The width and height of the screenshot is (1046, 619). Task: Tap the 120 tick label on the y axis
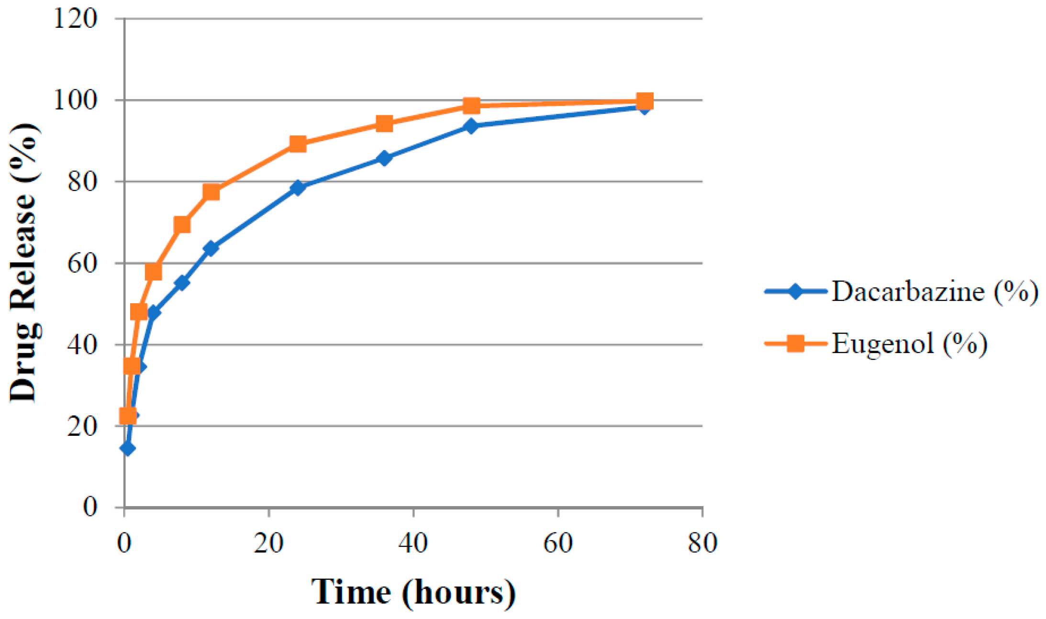click(x=76, y=19)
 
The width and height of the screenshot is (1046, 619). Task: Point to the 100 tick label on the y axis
click(x=76, y=100)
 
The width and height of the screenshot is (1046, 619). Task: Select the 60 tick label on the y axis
click(x=82, y=263)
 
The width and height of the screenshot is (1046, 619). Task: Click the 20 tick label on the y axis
click(x=82, y=426)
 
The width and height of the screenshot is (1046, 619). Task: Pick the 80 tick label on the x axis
click(x=702, y=543)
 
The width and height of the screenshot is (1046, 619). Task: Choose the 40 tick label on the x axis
click(x=413, y=543)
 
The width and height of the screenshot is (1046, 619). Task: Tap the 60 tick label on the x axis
click(x=558, y=543)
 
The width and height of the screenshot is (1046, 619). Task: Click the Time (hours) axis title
click(x=413, y=592)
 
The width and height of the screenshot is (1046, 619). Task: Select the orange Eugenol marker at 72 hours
click(x=645, y=101)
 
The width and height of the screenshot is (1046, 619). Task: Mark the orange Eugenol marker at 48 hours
click(x=471, y=106)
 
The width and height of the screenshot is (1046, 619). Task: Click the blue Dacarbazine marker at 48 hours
click(x=471, y=126)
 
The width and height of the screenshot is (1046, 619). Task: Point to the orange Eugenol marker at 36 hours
click(x=384, y=124)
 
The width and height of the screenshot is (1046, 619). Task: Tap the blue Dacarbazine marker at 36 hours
click(x=384, y=158)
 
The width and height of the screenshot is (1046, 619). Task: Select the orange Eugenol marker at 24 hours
click(x=298, y=144)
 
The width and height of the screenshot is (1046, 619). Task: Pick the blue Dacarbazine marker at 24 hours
click(x=298, y=187)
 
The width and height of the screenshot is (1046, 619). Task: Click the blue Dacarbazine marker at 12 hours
click(x=211, y=248)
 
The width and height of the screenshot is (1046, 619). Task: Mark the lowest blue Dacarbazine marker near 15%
click(x=127, y=448)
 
